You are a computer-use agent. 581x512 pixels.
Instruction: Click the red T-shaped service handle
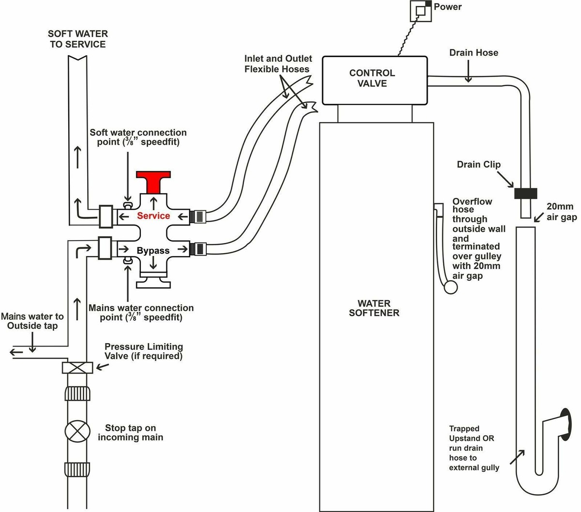(x=153, y=180)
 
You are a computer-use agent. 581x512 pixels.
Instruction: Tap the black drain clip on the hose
(x=525, y=194)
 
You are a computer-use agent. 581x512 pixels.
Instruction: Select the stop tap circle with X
(x=77, y=432)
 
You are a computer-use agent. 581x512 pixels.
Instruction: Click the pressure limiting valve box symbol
(x=77, y=367)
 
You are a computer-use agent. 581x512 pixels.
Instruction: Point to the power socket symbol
(x=420, y=10)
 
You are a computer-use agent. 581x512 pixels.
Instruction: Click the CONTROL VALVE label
(x=372, y=78)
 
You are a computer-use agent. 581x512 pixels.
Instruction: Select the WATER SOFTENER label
(x=374, y=308)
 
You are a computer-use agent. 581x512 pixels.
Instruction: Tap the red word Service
(x=153, y=216)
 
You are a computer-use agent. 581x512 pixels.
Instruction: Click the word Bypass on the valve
(x=153, y=251)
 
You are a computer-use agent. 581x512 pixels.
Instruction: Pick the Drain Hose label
(x=474, y=53)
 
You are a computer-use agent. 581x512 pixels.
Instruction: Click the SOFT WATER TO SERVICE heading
(x=77, y=39)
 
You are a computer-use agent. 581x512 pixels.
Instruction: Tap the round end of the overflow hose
(x=451, y=288)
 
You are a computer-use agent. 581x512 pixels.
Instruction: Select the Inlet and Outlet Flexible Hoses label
(x=278, y=64)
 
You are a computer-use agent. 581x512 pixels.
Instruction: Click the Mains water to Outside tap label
(x=32, y=321)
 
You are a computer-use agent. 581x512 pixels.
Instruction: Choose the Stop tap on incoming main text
(x=130, y=433)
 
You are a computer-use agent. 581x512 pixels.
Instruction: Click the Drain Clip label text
(x=478, y=165)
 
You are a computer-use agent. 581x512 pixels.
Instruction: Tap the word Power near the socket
(x=447, y=7)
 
